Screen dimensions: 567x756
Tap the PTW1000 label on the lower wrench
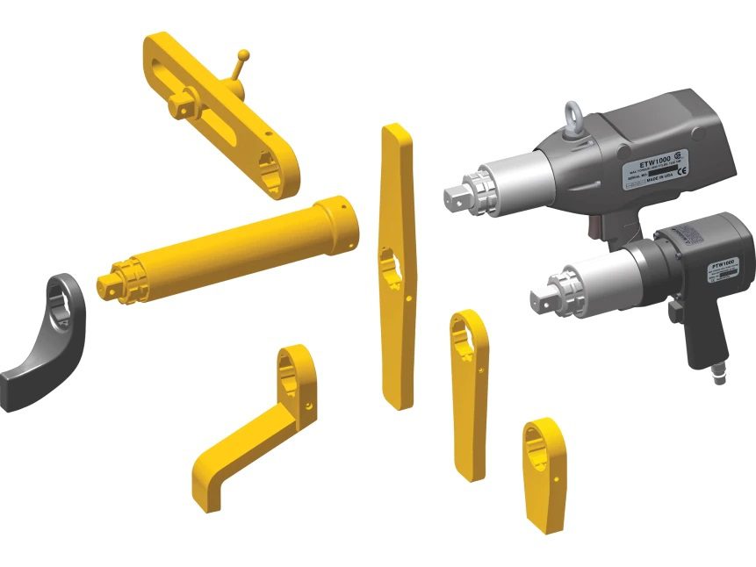[723, 262]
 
